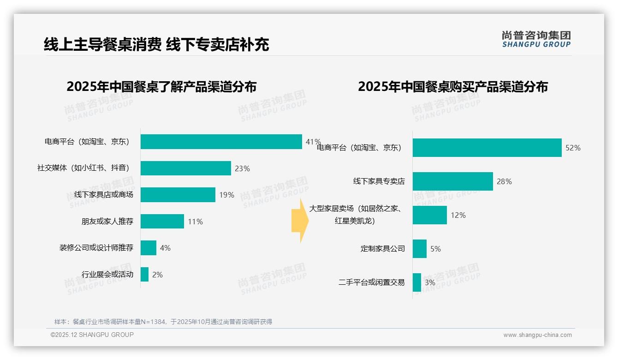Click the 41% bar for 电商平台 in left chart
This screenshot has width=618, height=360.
(x=221, y=142)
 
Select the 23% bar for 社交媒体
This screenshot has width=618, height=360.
(x=185, y=168)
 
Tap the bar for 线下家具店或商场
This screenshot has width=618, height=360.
(x=178, y=195)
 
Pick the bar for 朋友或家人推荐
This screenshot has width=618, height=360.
(x=162, y=222)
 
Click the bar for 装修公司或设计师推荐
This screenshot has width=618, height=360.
(x=148, y=248)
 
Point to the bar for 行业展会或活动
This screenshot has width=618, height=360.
(x=144, y=275)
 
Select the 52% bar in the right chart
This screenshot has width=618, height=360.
(x=487, y=148)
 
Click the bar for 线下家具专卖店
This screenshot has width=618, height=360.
(x=452, y=181)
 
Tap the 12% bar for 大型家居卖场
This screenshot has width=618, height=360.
(x=429, y=215)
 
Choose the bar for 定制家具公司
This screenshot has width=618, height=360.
(x=419, y=249)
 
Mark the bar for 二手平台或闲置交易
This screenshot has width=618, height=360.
(x=416, y=282)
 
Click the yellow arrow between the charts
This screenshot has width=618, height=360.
(x=300, y=221)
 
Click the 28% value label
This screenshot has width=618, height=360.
(x=504, y=182)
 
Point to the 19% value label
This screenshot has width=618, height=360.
(x=226, y=195)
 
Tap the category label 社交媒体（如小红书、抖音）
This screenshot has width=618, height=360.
(x=83, y=168)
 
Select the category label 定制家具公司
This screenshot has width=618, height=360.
(x=382, y=249)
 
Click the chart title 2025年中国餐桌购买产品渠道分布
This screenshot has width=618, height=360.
(x=452, y=87)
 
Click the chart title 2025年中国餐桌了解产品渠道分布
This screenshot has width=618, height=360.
(x=161, y=87)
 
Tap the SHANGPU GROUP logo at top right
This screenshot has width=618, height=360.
(x=536, y=39)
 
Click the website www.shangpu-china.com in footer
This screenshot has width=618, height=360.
(x=537, y=335)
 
